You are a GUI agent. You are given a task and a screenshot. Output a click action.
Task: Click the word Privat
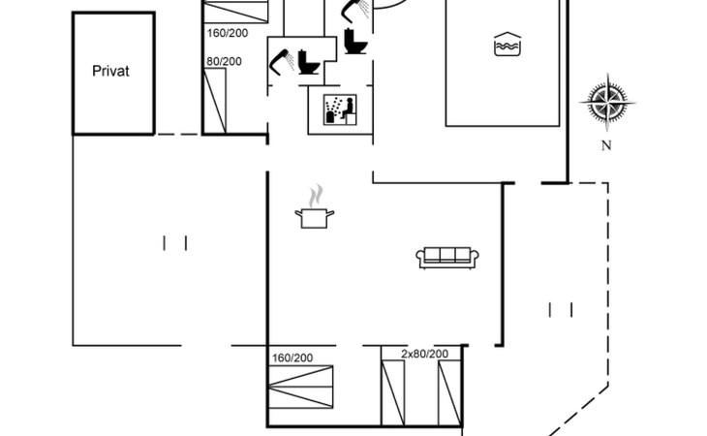click(110, 72)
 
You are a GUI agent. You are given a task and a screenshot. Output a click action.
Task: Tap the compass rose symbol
click(607, 103)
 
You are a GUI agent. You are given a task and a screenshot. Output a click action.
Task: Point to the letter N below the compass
click(606, 145)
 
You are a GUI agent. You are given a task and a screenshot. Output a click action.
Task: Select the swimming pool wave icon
click(507, 44)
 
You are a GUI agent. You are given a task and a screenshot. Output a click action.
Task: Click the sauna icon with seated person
click(340, 109)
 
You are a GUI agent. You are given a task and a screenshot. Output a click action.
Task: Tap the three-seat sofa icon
click(446, 258)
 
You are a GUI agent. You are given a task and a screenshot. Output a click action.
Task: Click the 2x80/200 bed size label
click(425, 354)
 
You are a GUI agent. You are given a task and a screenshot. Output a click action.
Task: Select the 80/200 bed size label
click(224, 61)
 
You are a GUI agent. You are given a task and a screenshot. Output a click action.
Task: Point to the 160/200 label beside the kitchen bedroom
click(292, 358)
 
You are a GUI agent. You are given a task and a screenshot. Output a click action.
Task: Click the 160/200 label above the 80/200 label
click(228, 33)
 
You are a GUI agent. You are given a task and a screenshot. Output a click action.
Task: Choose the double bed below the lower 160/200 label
click(301, 387)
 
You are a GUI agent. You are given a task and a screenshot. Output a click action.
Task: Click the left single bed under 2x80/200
click(393, 392)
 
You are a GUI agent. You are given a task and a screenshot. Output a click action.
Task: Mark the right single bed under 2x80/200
click(450, 392)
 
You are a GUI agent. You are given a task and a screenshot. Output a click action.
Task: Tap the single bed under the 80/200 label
click(215, 101)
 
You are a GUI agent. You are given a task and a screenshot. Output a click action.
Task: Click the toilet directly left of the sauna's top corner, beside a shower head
click(309, 62)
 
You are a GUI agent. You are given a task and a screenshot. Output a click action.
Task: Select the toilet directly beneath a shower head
click(355, 41)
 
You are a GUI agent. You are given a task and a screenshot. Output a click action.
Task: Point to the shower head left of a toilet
click(281, 62)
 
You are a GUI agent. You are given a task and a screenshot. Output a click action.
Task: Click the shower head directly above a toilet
click(355, 10)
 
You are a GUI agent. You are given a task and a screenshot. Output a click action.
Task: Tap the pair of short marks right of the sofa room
click(561, 310)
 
